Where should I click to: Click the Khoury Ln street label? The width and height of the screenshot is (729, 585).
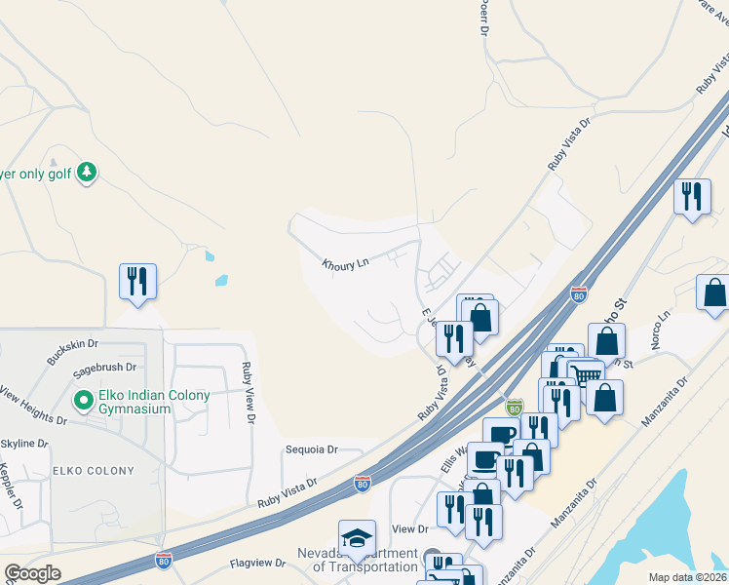345,263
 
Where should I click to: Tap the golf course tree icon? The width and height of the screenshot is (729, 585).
88,173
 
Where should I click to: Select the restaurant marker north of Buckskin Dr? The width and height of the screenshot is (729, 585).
137,282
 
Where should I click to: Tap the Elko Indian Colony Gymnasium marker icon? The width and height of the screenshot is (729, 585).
83,401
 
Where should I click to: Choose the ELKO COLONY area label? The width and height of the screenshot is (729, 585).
95,471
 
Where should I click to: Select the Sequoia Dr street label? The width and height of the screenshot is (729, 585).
311,450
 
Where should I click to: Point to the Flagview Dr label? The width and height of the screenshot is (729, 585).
258,564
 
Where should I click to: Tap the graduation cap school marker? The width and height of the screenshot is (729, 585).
357,537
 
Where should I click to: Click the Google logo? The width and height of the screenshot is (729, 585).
32,573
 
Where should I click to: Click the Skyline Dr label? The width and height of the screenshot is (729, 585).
24,445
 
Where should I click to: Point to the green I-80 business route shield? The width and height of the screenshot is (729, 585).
515,406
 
